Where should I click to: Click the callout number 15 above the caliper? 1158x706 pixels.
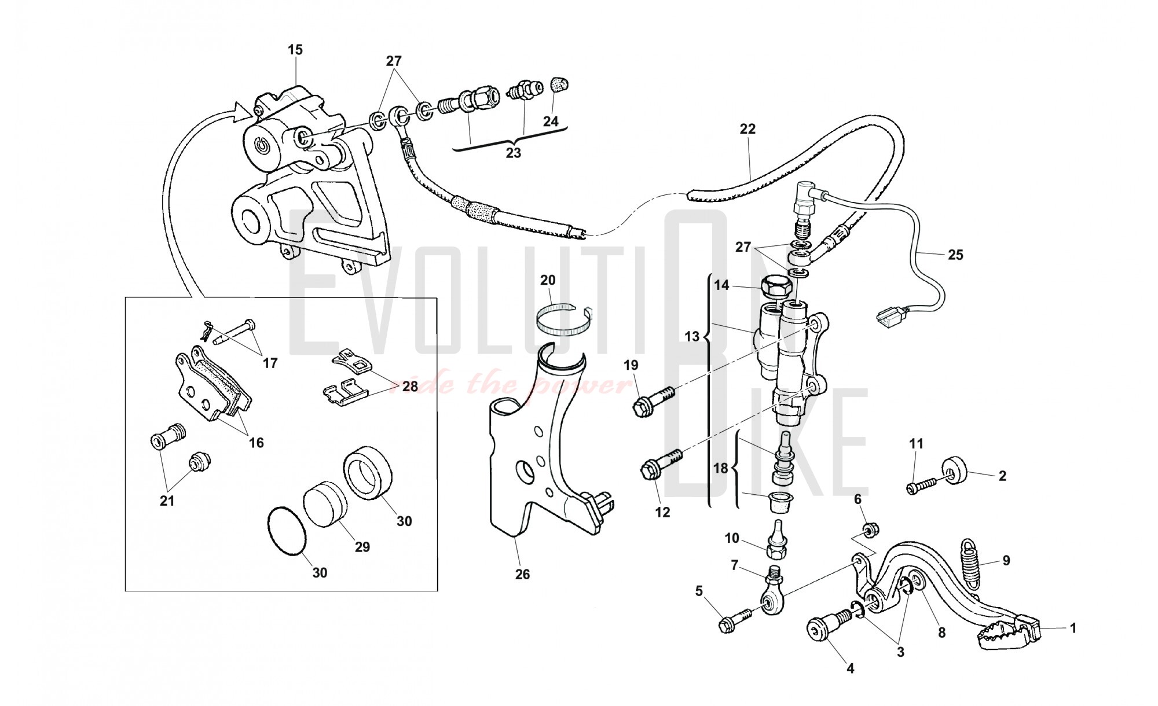[295, 50]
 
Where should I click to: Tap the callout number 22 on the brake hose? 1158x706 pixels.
[747, 129]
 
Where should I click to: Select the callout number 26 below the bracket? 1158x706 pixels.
[522, 575]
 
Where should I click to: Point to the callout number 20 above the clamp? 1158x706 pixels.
[548, 281]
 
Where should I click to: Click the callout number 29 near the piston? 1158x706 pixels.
[362, 547]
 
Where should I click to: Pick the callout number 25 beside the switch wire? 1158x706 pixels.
[955, 255]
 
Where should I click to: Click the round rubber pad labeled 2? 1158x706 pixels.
[957, 471]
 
